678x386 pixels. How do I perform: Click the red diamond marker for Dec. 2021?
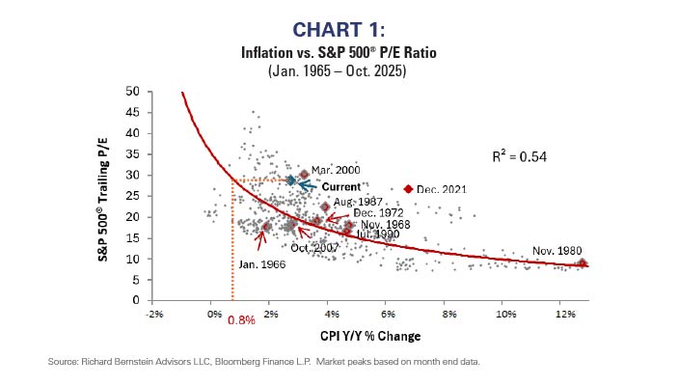pos(408,189)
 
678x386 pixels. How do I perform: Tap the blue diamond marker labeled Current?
pos(290,180)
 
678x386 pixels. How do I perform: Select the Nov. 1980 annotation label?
pos(557,250)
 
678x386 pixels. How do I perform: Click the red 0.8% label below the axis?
pos(240,320)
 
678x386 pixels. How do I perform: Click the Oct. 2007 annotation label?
pos(313,248)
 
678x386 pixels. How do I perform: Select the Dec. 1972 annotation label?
pos(378,212)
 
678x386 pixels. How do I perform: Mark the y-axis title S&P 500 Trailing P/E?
pos(113,196)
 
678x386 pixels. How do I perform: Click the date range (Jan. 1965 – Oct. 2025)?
pos(338,70)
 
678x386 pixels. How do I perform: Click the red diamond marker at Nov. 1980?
pos(582,262)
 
